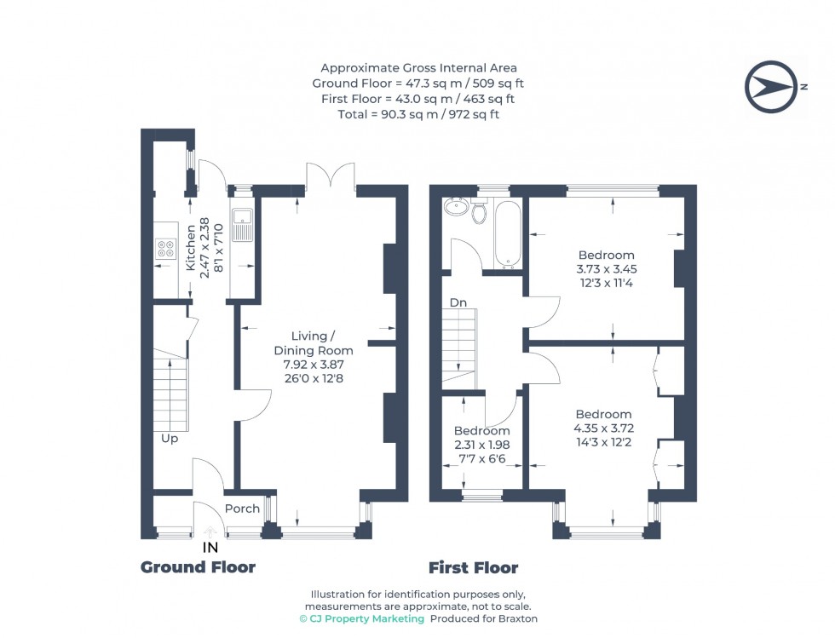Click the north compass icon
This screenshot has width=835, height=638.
click(x=772, y=87)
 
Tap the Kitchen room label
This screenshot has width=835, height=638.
click(x=191, y=248)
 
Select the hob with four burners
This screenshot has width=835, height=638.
click(x=165, y=248)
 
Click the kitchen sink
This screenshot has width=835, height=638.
click(x=242, y=225)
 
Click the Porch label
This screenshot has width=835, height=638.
click(x=243, y=509)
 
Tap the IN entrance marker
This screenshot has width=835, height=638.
click(x=210, y=548)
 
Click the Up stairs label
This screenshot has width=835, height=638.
click(x=170, y=439)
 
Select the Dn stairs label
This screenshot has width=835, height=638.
click(x=458, y=302)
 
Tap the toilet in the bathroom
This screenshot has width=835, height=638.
click(x=479, y=210)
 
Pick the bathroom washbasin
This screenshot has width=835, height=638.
click(x=455, y=208)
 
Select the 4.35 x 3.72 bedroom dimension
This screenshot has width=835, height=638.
click(x=603, y=428)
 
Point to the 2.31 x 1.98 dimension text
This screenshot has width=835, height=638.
click(x=481, y=445)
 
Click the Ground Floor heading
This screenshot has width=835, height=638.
click(x=198, y=567)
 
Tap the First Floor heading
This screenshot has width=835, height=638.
click(x=473, y=567)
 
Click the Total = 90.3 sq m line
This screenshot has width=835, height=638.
click(x=418, y=113)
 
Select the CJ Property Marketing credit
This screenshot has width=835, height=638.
click(x=362, y=618)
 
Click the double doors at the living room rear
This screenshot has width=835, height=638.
click(x=331, y=176)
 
